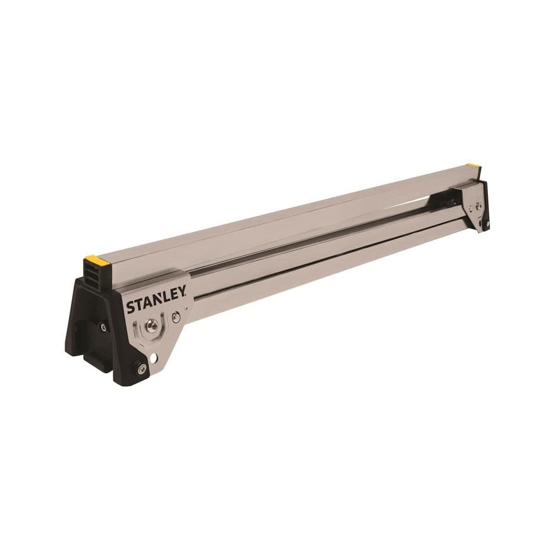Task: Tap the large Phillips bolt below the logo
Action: pyautogui.click(x=151, y=327)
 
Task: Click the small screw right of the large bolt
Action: pyautogui.click(x=176, y=317)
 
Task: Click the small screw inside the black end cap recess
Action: pyautogui.click(x=103, y=328)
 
